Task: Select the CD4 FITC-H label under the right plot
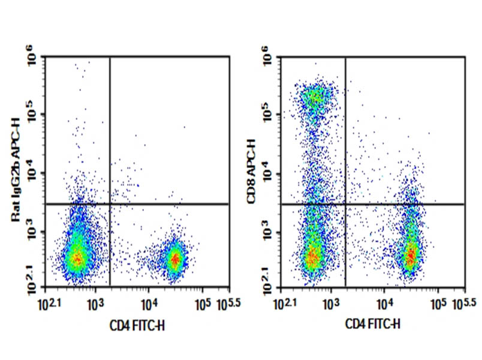point(373,325)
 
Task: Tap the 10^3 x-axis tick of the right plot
point(330,304)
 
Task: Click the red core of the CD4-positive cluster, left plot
point(174,260)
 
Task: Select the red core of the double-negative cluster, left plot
point(76,258)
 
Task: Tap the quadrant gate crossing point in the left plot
point(110,204)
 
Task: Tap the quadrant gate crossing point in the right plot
point(345,204)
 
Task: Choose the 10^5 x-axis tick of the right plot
point(438,304)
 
